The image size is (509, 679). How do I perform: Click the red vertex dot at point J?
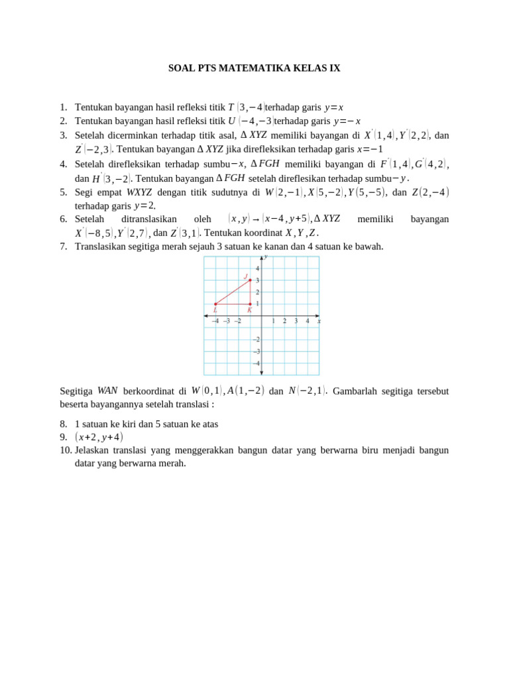[250, 280]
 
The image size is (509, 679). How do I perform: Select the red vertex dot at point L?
[215, 304]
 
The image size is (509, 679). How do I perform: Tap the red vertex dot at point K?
[250, 304]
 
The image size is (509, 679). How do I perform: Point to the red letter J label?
[245, 277]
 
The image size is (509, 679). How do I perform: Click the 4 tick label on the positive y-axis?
[258, 269]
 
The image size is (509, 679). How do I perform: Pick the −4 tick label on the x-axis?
[215, 321]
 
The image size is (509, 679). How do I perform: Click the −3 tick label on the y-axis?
[257, 351]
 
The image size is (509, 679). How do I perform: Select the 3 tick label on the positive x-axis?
[296, 321]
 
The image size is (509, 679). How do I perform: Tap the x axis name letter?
[319, 321]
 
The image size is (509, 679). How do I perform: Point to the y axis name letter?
[266, 256]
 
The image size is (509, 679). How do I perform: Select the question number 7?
[64, 247]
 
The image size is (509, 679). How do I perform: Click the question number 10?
[66, 450]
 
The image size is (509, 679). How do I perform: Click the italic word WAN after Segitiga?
[107, 391]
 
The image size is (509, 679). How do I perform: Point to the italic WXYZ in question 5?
[139, 192]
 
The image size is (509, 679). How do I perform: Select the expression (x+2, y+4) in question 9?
[99, 437]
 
